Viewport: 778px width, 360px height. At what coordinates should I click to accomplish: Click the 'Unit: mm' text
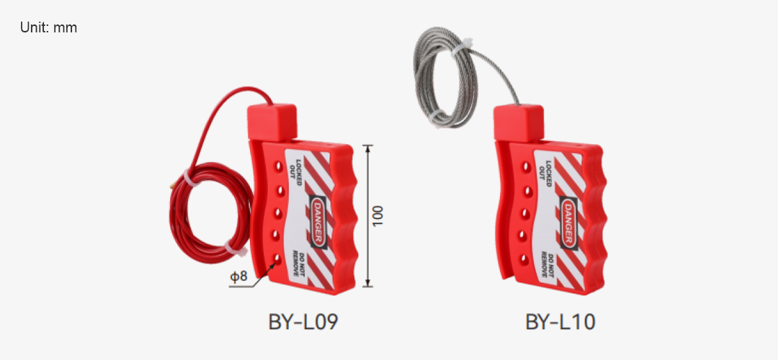pos(49,28)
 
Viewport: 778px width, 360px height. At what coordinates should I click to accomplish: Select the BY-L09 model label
pos(303,323)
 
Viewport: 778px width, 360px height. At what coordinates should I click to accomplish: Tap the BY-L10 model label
pos(560,323)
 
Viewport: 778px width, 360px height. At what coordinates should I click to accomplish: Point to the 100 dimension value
pos(378,216)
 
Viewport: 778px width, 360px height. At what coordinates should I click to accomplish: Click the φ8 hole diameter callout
pos(238,276)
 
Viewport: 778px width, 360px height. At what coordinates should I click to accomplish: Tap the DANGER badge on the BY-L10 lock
pos(568,222)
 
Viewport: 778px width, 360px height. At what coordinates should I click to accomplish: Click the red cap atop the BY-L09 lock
pos(272,122)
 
